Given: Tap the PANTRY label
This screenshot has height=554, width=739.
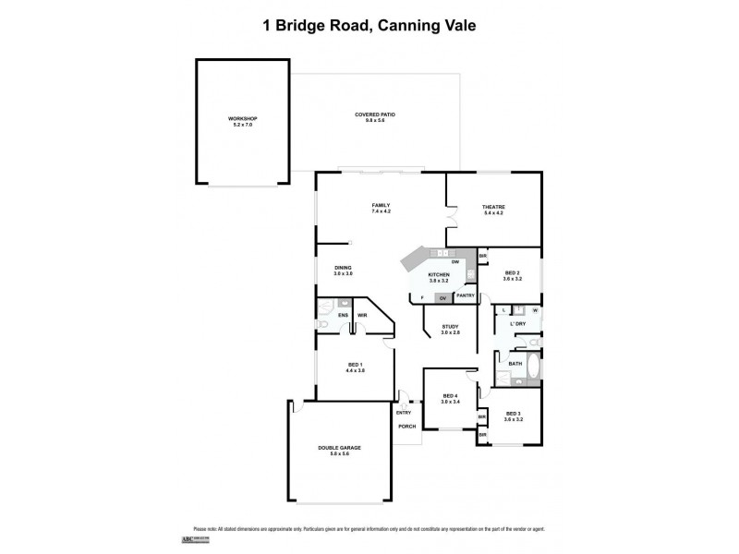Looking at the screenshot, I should pos(466,295).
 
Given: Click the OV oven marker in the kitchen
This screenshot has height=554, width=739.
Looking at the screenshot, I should pos(443,297).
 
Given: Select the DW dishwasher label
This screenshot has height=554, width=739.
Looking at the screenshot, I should pos(455,262).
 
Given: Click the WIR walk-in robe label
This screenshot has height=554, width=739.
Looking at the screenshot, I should pos(363,316).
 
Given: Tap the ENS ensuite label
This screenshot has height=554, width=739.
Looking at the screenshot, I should pos(343,316).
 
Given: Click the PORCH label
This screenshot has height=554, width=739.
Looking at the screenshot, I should pos(406,427).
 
